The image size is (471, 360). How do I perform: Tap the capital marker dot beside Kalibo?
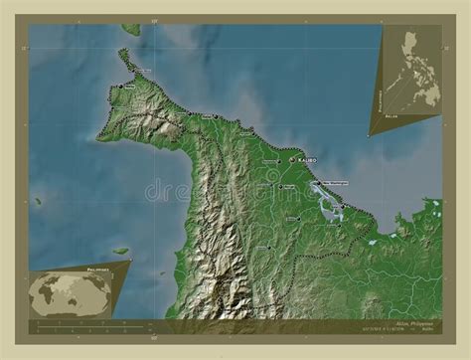292,159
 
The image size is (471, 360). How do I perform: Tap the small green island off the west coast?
120,251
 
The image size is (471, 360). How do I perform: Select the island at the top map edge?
130,29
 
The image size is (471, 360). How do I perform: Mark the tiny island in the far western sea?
38,202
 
